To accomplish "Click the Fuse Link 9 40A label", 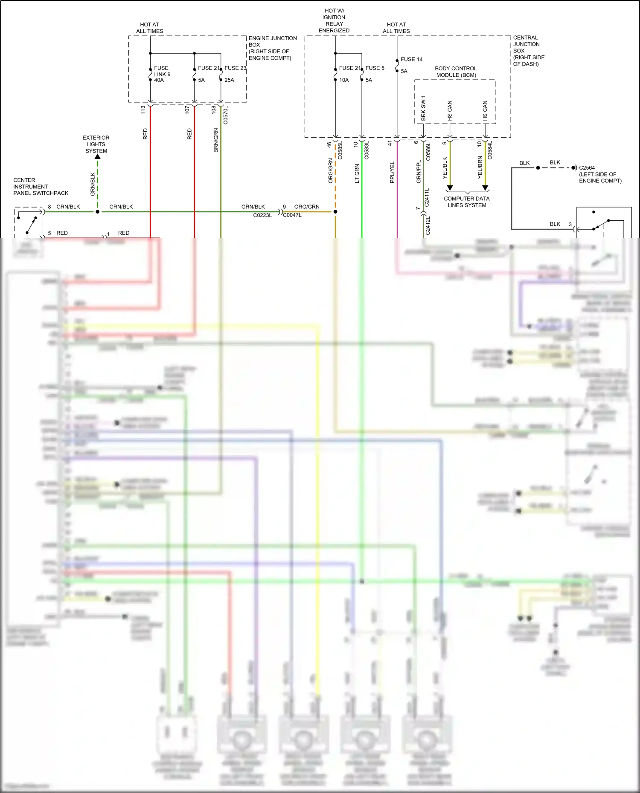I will (x=162, y=74).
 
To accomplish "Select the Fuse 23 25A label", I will (x=235, y=74).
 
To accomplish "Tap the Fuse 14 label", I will (x=411, y=60).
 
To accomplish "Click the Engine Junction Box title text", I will (x=272, y=48).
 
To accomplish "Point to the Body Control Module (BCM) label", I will (x=456, y=72).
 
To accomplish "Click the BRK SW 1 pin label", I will (x=423, y=107).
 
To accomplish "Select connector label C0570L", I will (x=226, y=115).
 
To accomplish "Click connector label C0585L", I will (x=340, y=150).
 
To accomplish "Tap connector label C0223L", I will (x=262, y=215).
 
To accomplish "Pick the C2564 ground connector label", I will (x=587, y=168).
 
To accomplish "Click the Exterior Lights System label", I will (x=96, y=144).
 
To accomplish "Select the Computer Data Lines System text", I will (x=467, y=202).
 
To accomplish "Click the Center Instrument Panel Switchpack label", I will (x=41, y=187).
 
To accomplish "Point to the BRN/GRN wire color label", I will (x=216, y=140).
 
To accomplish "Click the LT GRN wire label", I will (x=357, y=174).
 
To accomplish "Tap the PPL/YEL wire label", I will (x=392, y=172).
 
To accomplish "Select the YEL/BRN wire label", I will (x=480, y=167).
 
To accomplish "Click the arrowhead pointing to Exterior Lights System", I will (x=98, y=157).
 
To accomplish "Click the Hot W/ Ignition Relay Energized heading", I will (x=334, y=20).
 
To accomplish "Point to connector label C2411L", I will (x=427, y=198).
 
